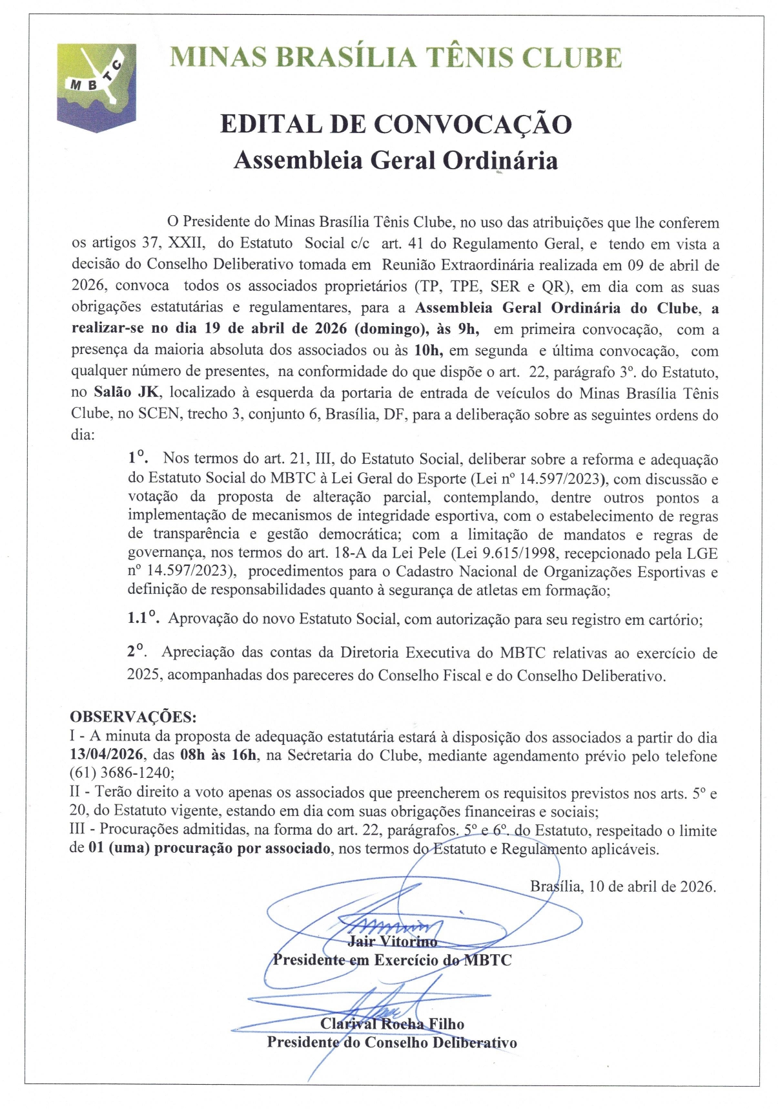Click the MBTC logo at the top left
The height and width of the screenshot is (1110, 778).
point(96,86)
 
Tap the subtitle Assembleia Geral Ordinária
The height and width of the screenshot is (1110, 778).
point(395,160)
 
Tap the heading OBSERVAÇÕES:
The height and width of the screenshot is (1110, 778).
point(133,717)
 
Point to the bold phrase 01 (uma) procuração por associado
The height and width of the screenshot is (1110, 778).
point(209,848)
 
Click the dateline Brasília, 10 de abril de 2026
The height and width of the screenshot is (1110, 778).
point(623,886)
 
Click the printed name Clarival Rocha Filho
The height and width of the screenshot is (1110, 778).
point(392,1024)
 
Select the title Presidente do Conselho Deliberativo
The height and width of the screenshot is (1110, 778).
point(392,1042)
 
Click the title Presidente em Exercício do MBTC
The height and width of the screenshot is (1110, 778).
point(392,960)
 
